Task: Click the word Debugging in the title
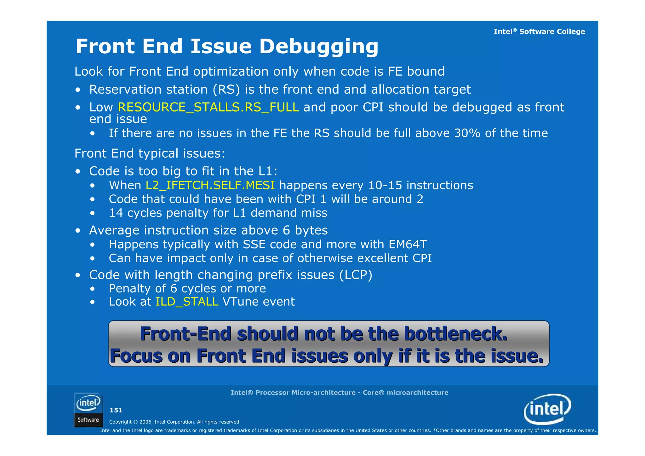pyautogui.click(x=318, y=47)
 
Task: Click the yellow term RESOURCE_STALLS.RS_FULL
pyautogui.click(x=208, y=107)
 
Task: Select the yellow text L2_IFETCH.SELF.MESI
pyautogui.click(x=210, y=185)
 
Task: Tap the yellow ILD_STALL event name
pyautogui.click(x=187, y=302)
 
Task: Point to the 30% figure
pyautogui.click(x=467, y=133)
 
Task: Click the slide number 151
pyautogui.click(x=116, y=410)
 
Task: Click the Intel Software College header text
pyautogui.click(x=539, y=32)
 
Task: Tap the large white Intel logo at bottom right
pyautogui.click(x=547, y=409)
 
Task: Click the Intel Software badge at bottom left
pyautogui.click(x=88, y=410)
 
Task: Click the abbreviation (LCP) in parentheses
pyautogui.click(x=356, y=275)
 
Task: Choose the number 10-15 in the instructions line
pyautogui.click(x=385, y=185)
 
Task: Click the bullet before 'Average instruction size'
pyautogui.click(x=78, y=231)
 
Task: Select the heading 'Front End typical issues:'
pyautogui.click(x=150, y=153)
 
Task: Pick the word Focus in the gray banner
pyautogui.click(x=136, y=356)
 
